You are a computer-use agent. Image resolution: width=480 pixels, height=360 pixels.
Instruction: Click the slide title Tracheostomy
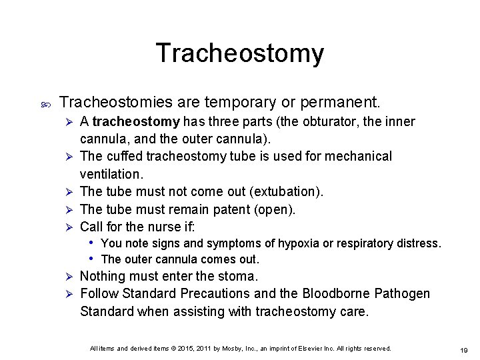click(x=240, y=53)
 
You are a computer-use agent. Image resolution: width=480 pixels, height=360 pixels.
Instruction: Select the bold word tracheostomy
click(x=136, y=122)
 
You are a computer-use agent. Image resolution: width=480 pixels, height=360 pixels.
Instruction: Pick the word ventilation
click(x=110, y=173)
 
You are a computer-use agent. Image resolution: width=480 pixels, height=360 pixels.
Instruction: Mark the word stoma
click(x=237, y=276)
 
